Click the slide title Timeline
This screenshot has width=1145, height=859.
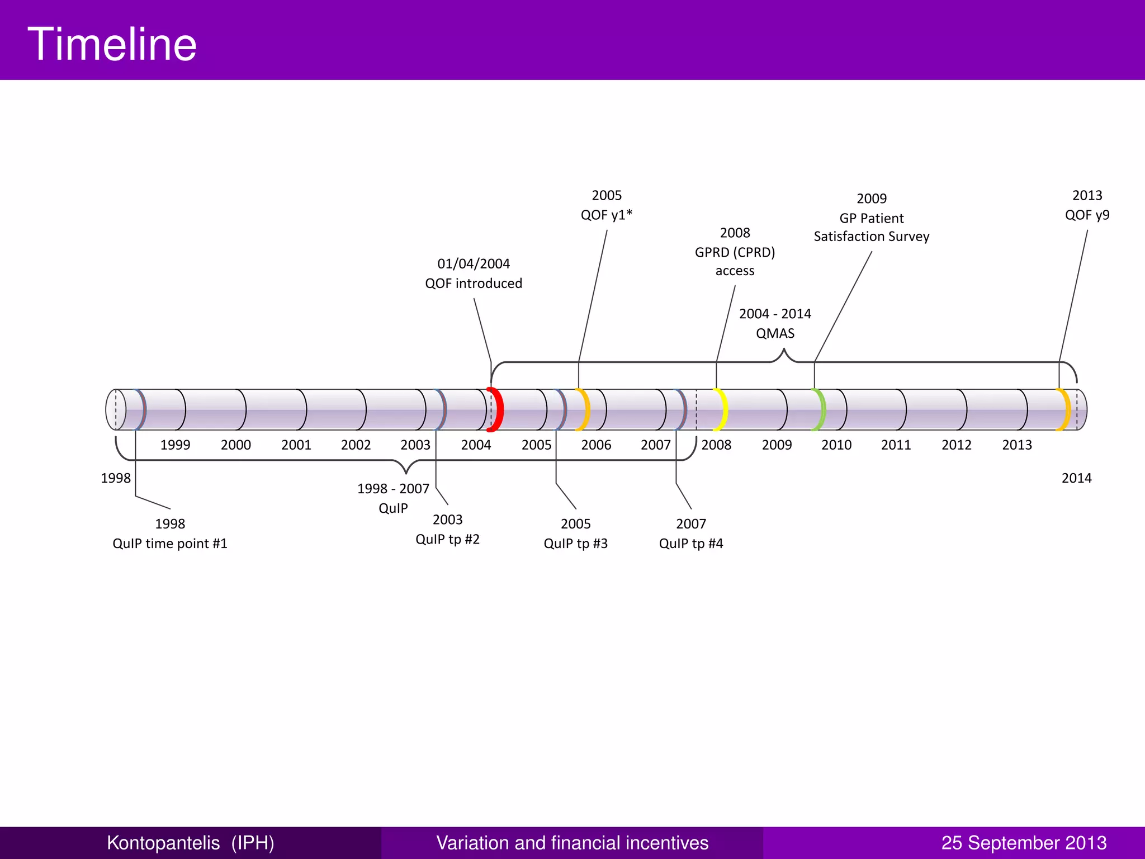click(x=112, y=44)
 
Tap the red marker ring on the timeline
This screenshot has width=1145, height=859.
click(x=497, y=409)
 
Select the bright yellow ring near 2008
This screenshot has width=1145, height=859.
click(x=723, y=409)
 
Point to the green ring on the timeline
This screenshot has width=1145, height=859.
click(x=821, y=409)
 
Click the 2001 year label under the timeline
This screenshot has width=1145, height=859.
click(x=296, y=445)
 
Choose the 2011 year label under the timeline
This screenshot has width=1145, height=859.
click(x=896, y=445)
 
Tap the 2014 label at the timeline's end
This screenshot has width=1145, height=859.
click(x=1076, y=478)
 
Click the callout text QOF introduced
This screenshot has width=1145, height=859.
click(x=474, y=284)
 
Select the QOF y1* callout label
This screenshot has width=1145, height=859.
click(x=607, y=215)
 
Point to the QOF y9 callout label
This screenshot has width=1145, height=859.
click(x=1087, y=215)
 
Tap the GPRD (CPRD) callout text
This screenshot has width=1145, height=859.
click(x=735, y=252)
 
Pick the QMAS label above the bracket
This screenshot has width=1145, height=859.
click(x=775, y=333)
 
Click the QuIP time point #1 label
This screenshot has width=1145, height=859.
click(x=170, y=544)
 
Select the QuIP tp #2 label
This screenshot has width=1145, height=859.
click(x=447, y=539)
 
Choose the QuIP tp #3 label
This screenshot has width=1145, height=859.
click(x=575, y=544)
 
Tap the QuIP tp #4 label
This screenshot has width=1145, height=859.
click(x=691, y=544)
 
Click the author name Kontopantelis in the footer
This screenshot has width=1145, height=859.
click(x=163, y=843)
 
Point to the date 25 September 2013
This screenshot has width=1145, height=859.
click(x=1024, y=843)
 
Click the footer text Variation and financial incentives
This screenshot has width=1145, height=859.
click(x=572, y=843)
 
